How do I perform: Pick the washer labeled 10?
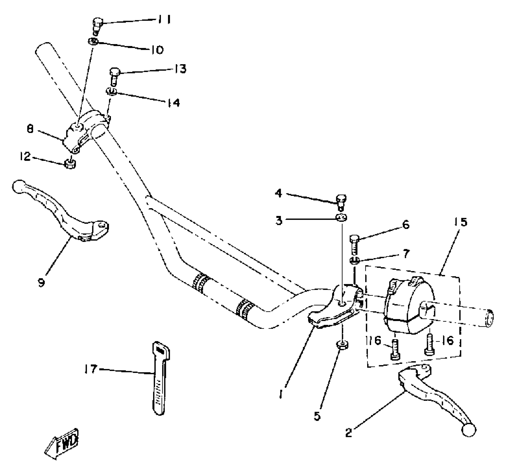point(93,42)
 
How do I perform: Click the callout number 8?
point(30,129)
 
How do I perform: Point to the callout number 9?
point(41,283)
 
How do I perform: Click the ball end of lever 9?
point(19,186)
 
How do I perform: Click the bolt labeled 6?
point(354,243)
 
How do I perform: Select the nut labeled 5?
point(342,345)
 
